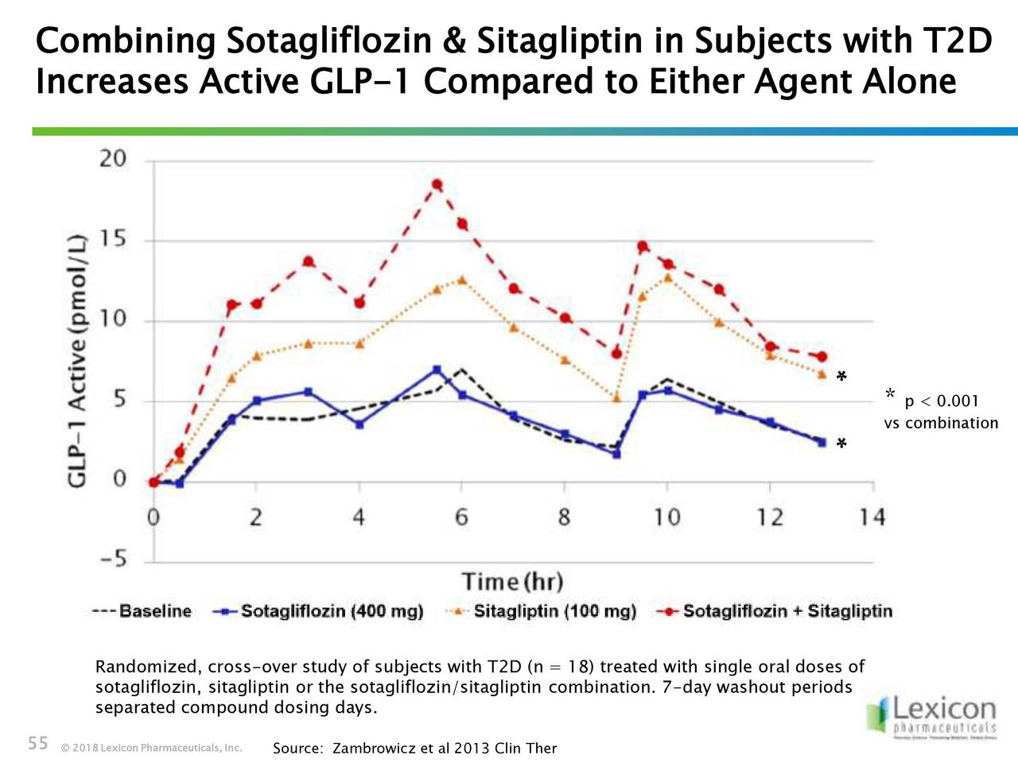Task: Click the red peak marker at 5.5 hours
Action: tap(437, 185)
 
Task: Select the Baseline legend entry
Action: tap(142, 611)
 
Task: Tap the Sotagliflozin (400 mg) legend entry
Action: tap(318, 611)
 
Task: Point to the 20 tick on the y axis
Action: tap(113, 159)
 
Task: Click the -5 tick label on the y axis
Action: tap(113, 560)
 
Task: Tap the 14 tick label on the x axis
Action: tap(872, 518)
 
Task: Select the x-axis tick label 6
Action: tap(461, 518)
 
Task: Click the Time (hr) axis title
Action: tap(512, 582)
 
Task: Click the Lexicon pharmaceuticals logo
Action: tap(932, 715)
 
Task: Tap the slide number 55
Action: tap(38, 744)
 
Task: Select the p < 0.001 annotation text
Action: tap(942, 401)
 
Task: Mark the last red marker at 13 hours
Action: tap(822, 357)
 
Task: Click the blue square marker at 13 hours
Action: tap(822, 442)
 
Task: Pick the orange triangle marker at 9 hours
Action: tap(616, 398)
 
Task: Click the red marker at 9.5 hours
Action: tap(642, 246)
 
